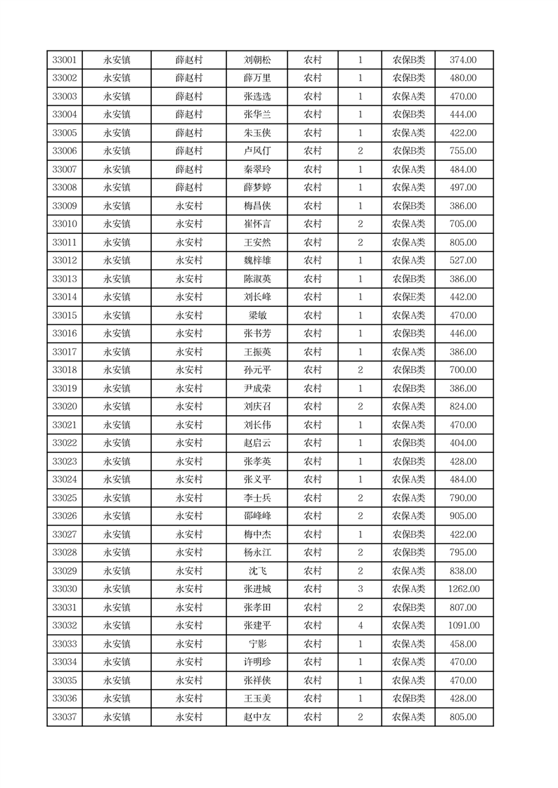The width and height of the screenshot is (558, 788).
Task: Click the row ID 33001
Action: point(65,60)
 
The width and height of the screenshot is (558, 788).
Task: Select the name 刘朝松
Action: point(257,60)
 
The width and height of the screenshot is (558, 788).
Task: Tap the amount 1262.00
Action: point(463,589)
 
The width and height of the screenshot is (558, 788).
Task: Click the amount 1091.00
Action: point(463,626)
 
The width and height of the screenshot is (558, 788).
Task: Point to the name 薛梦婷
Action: point(257,188)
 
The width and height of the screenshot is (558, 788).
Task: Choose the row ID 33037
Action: point(65,717)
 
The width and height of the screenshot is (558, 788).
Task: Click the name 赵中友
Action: point(257,717)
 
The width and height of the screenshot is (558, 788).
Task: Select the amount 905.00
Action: point(463,516)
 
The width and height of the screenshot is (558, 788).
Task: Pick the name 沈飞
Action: point(257,571)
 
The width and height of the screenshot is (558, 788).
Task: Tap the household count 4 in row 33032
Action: point(360,626)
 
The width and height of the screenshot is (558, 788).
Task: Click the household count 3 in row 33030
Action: point(360,589)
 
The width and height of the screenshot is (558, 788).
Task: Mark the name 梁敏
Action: point(257,315)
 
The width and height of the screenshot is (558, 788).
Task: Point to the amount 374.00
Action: point(463,60)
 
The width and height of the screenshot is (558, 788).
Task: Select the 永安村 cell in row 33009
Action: point(188,206)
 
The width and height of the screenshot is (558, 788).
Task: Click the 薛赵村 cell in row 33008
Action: point(188,188)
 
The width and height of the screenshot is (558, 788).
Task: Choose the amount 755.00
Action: point(463,151)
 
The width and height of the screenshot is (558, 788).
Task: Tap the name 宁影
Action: point(257,644)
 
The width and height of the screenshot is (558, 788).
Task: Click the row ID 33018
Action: point(65,370)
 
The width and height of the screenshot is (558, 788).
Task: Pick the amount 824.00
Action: point(463,407)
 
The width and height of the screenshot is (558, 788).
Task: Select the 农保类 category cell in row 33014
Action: point(408,297)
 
